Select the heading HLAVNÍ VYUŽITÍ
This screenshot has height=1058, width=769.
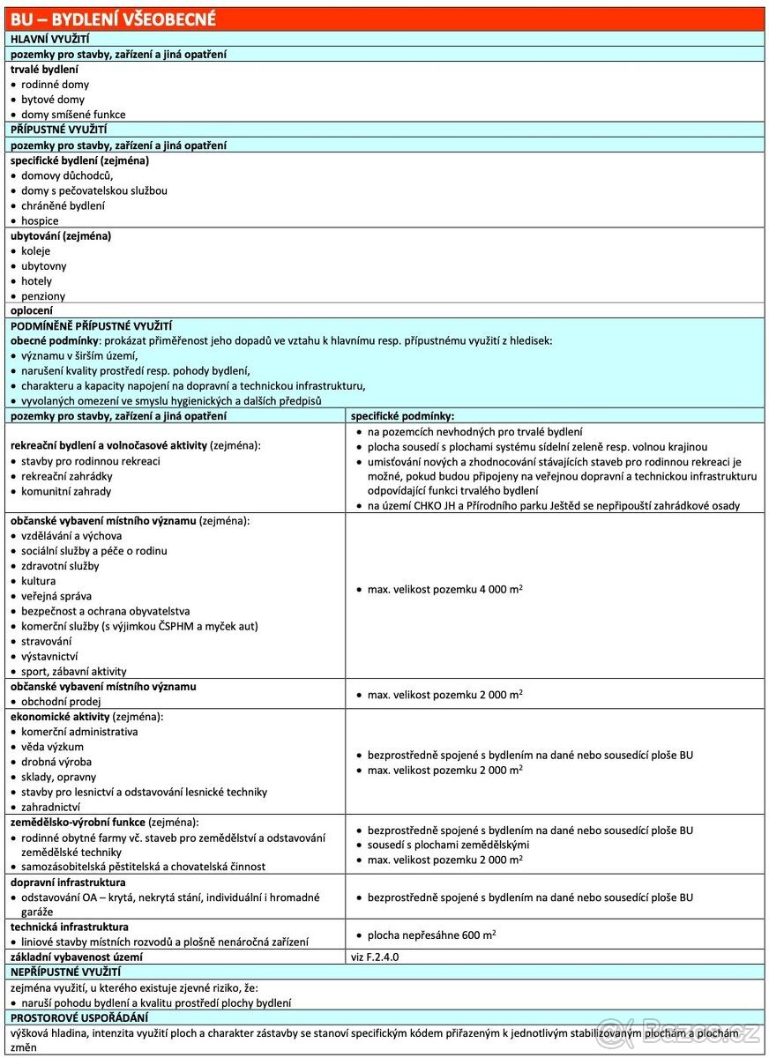point(49,39)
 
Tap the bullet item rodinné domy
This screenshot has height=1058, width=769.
point(55,85)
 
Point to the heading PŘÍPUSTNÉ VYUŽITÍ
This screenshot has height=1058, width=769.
point(58,130)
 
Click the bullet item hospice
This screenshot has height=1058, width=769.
point(40,220)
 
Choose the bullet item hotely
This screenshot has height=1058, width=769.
point(36,281)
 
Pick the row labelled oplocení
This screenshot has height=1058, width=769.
point(32,310)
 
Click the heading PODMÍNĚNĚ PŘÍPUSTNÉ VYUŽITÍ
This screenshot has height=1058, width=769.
point(91,325)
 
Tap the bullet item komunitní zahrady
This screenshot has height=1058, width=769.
point(66,491)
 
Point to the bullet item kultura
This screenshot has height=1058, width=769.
point(38,581)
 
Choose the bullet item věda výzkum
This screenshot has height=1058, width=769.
point(53,747)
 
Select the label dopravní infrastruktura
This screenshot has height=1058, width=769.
point(68,883)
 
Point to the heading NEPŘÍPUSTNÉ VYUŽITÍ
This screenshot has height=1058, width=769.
point(65,972)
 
